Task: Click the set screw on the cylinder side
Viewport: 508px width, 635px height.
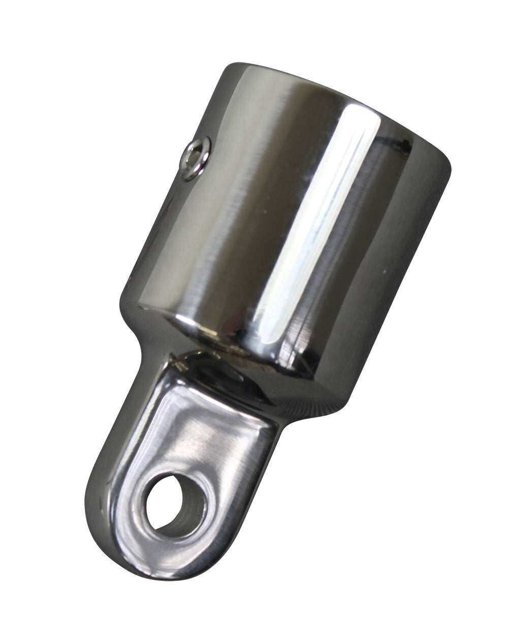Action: click(x=196, y=158)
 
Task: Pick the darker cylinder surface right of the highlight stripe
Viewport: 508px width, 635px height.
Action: click(x=386, y=254)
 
